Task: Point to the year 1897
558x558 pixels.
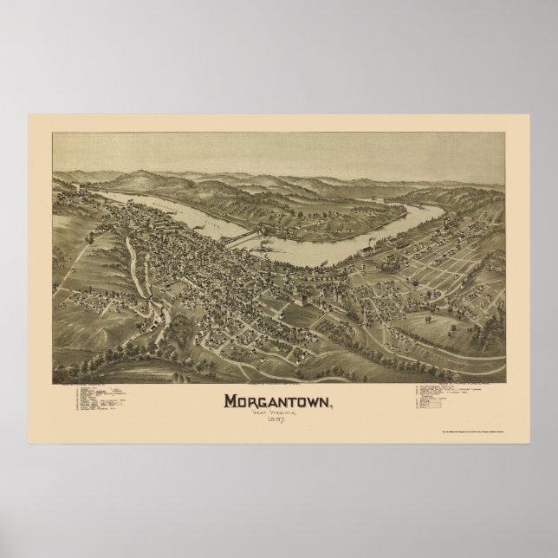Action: click(278, 400)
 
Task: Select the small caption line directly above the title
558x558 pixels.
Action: click(278, 361)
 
